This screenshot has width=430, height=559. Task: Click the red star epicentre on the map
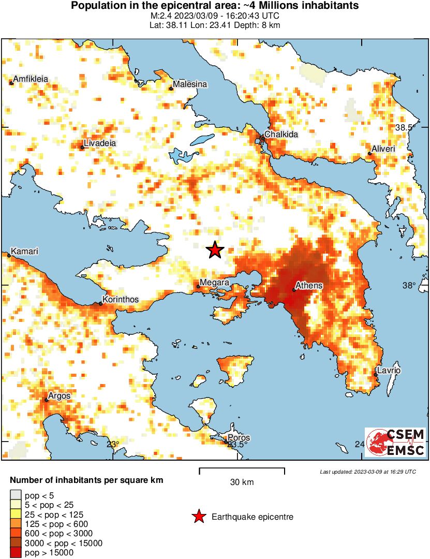point(215,250)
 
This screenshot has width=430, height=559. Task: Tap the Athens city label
point(308,286)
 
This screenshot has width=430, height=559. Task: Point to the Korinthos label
point(121,299)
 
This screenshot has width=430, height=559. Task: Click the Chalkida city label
point(281,134)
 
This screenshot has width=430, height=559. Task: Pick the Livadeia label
point(100,143)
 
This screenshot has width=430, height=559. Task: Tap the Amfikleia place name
point(31,79)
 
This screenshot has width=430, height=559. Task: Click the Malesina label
point(190,84)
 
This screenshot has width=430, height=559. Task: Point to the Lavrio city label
point(389,371)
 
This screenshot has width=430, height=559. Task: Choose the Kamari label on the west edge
point(25,251)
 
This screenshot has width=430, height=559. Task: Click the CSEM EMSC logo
point(395,443)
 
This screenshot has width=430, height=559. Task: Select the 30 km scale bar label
point(242,482)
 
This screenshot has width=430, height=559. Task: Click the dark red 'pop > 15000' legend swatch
point(16,552)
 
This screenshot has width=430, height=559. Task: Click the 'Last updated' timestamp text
point(367,472)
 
